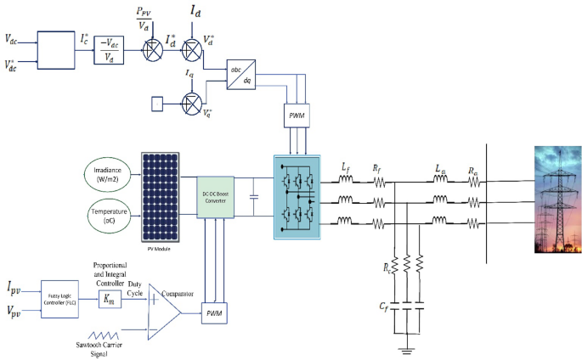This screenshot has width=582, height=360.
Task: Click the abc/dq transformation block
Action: [x=240, y=75]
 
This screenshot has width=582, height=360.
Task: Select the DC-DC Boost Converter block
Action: [x=215, y=194]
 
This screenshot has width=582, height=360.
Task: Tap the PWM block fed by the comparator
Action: [x=212, y=314]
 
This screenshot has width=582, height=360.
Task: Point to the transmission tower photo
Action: [x=557, y=200]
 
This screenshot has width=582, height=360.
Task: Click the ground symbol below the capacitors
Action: [x=408, y=346]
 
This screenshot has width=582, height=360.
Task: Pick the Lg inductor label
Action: [x=438, y=168]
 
